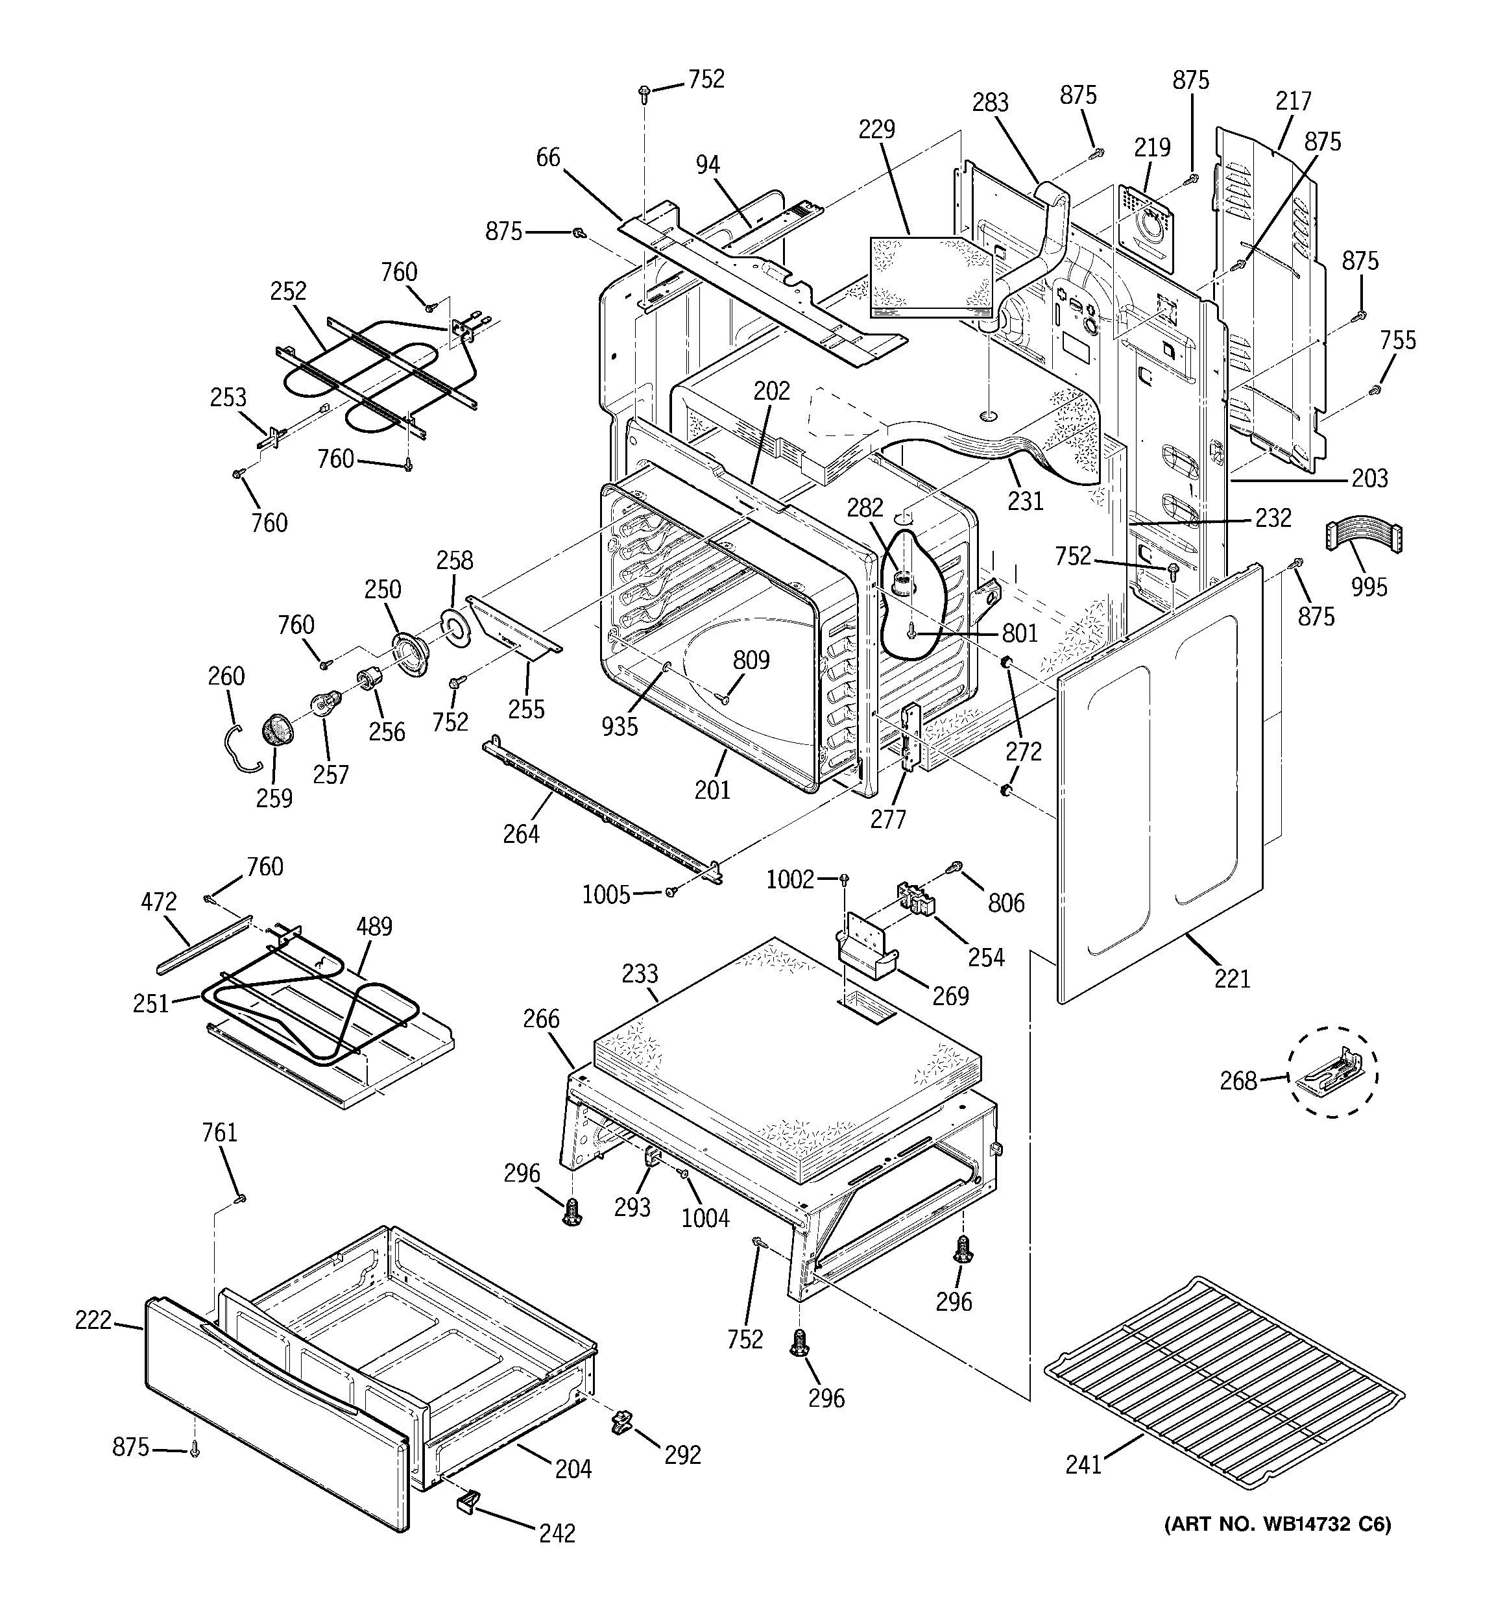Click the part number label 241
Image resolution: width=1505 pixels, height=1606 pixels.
(1083, 1465)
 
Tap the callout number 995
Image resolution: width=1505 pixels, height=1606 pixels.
(1369, 587)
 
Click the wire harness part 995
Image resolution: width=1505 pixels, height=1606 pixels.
(1364, 539)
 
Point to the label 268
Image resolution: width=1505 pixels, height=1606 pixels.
(1238, 1080)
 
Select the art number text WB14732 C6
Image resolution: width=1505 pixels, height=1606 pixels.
(1277, 1524)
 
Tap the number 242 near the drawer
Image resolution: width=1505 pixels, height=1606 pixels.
(557, 1533)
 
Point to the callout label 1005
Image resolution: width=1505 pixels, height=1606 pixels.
(606, 894)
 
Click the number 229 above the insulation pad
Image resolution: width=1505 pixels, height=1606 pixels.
(876, 128)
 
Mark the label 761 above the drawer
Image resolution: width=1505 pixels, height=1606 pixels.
(219, 1132)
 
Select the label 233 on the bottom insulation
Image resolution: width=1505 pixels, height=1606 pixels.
(640, 973)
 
